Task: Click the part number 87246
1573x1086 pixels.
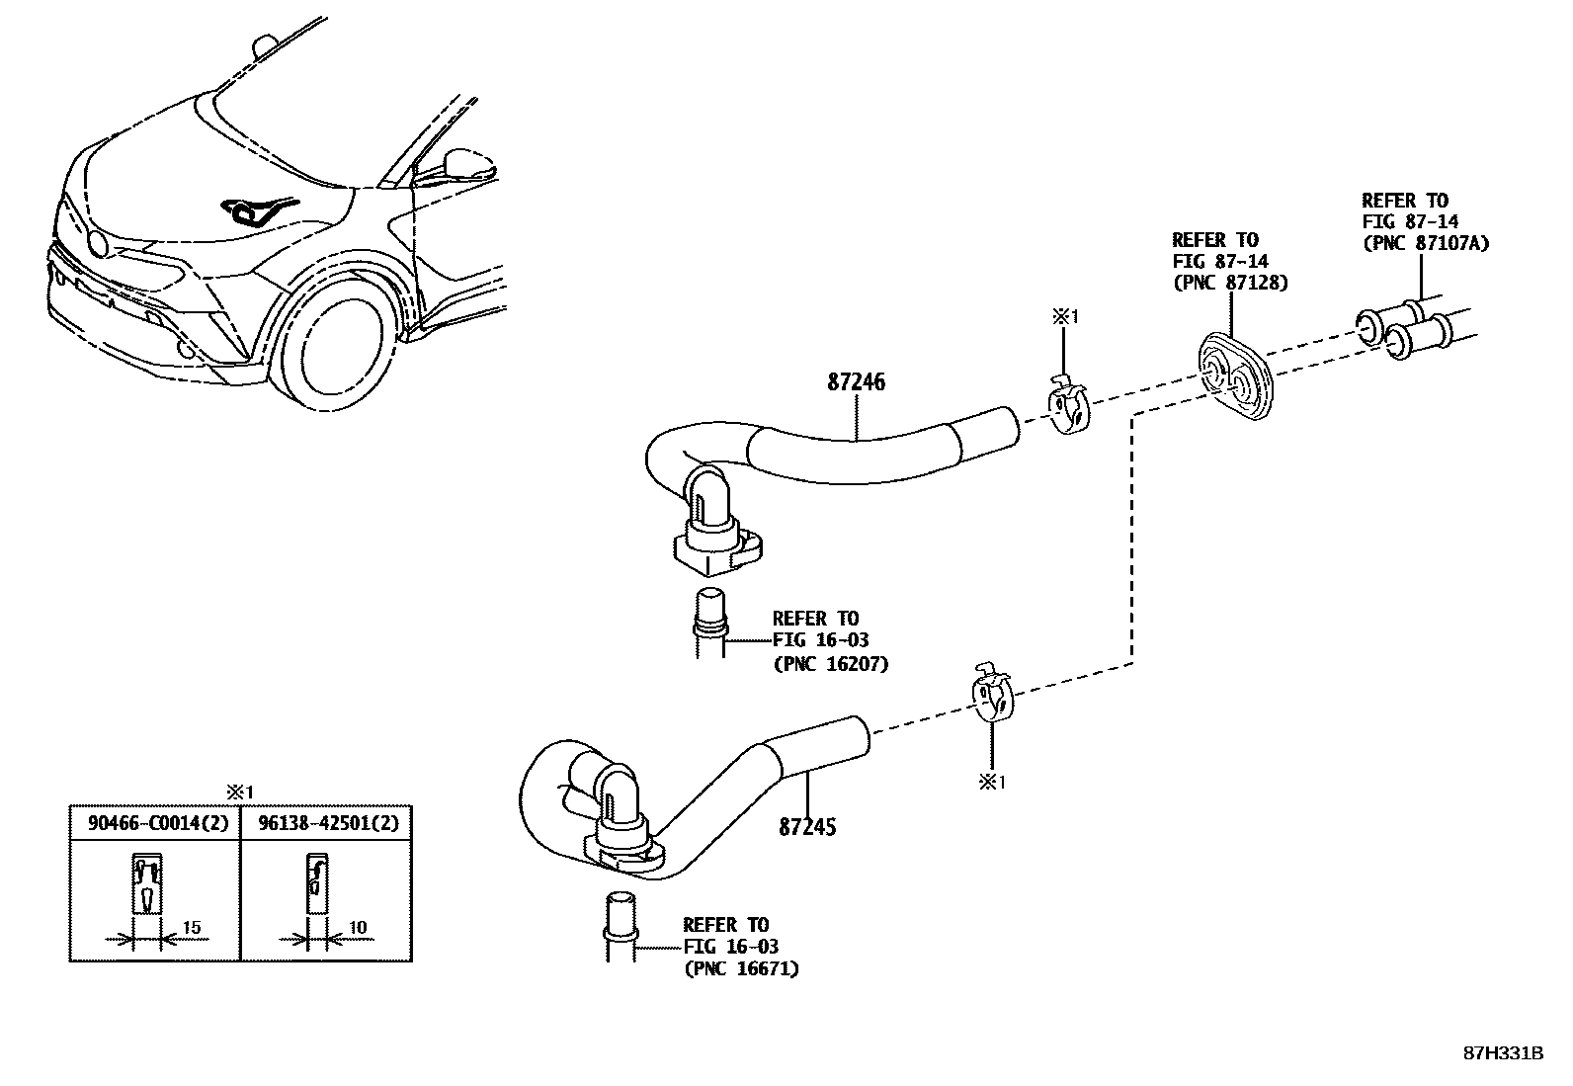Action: pos(856,382)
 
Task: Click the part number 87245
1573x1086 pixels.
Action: pos(807,826)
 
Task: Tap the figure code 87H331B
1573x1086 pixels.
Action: pos(1503,1052)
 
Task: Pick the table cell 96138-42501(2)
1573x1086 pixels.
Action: pos(326,822)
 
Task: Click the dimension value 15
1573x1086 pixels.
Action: pos(192,927)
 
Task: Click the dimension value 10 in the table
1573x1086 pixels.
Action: pos(358,927)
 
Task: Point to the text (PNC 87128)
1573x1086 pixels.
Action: pos(1230,283)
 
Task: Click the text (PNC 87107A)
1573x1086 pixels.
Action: pos(1425,243)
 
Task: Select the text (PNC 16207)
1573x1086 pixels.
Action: pos(830,663)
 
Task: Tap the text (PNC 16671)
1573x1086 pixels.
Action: pos(741,968)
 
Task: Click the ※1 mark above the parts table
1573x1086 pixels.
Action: pos(239,792)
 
